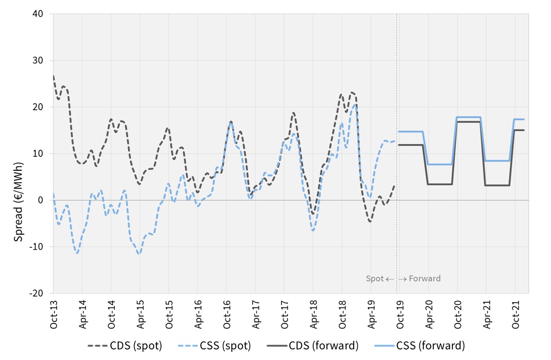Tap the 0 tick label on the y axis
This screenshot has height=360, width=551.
point(40,200)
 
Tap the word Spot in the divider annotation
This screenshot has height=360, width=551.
point(375,278)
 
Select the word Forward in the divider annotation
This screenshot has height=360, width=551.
point(425,278)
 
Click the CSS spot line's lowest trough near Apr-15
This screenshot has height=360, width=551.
point(139,254)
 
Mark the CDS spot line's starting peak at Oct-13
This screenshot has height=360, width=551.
point(53,76)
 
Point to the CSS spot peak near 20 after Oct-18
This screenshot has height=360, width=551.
point(355,105)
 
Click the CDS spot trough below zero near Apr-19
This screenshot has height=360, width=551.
point(370,221)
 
